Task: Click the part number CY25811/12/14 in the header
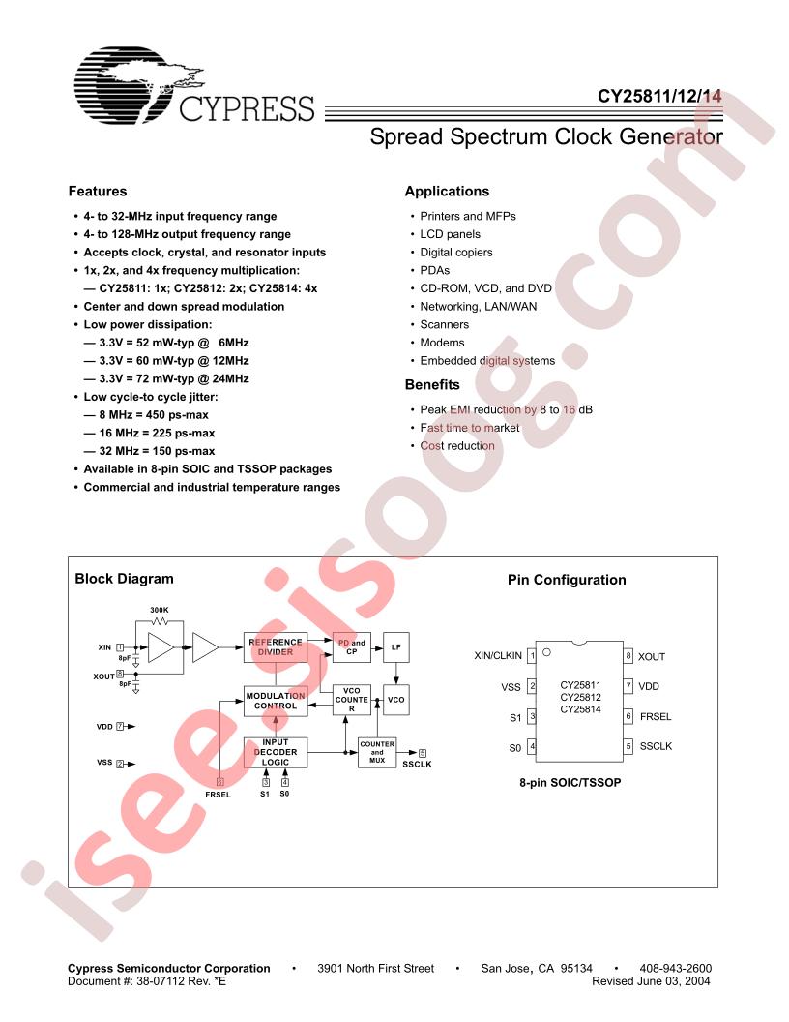click(x=659, y=96)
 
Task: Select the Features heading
click(x=98, y=191)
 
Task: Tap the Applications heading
click(x=447, y=191)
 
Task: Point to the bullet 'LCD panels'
click(x=450, y=234)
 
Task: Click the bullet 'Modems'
click(x=442, y=343)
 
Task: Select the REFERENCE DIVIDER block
click(x=276, y=647)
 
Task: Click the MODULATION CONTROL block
click(x=276, y=701)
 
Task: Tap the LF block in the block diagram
click(x=395, y=647)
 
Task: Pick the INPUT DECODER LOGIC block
click(x=276, y=752)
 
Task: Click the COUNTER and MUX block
click(x=377, y=752)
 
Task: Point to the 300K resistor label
click(x=160, y=610)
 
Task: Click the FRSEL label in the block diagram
click(x=219, y=795)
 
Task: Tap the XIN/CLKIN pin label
click(x=498, y=656)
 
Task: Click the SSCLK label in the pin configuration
click(x=656, y=746)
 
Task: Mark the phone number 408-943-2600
click(x=675, y=969)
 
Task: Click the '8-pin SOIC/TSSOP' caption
click(x=570, y=782)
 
